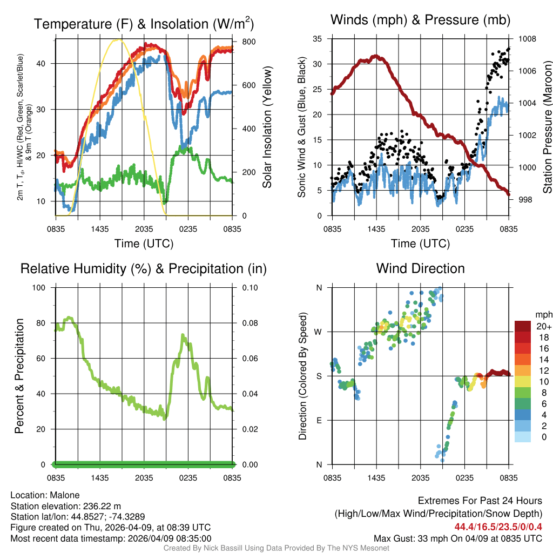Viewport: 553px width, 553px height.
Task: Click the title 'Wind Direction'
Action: (x=420, y=268)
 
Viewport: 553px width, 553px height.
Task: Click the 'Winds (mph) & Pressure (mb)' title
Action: (x=420, y=21)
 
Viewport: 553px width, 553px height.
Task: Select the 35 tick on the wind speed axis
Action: (x=318, y=39)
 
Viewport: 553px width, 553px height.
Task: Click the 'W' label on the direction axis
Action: (x=319, y=332)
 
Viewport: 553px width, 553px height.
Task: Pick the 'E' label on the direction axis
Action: (x=319, y=420)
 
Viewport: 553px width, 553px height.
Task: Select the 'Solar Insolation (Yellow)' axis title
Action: (x=266, y=127)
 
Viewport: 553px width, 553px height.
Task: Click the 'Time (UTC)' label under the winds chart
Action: (x=420, y=244)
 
